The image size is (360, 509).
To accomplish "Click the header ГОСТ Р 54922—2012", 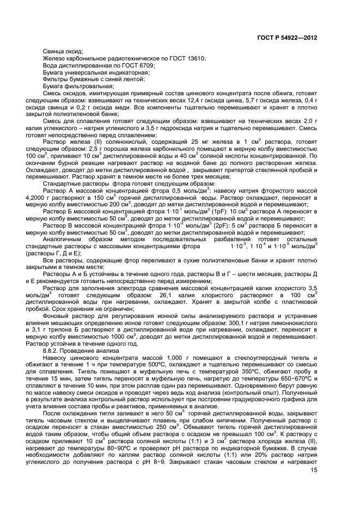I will [286, 39].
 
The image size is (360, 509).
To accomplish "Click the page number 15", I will [313, 471].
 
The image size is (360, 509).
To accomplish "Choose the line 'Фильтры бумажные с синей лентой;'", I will [87, 79].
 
